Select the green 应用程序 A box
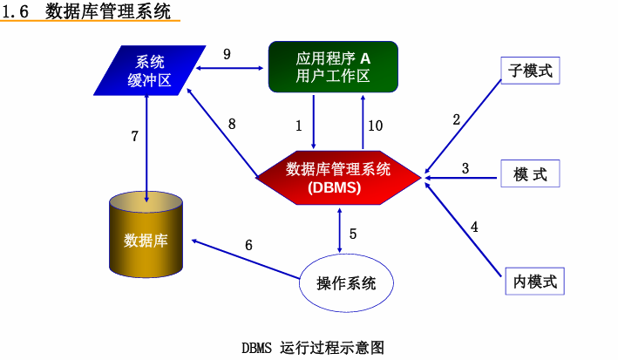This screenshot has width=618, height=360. (x=333, y=66)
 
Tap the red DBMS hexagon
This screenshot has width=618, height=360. (x=338, y=177)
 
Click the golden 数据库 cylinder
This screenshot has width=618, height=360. (x=146, y=239)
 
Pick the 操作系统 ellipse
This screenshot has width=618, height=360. (x=346, y=282)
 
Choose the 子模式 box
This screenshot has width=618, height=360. (x=530, y=70)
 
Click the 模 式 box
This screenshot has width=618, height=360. (x=530, y=174)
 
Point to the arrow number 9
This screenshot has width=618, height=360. (x=227, y=54)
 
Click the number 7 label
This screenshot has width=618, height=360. (x=134, y=136)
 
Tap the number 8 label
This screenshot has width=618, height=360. (x=232, y=124)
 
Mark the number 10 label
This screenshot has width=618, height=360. (x=375, y=126)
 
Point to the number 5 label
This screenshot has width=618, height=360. (x=353, y=234)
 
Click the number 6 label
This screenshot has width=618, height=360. (x=248, y=245)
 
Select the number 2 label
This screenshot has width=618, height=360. (x=456, y=120)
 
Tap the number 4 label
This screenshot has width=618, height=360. (x=474, y=227)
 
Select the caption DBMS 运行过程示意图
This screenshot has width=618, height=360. (x=313, y=347)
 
